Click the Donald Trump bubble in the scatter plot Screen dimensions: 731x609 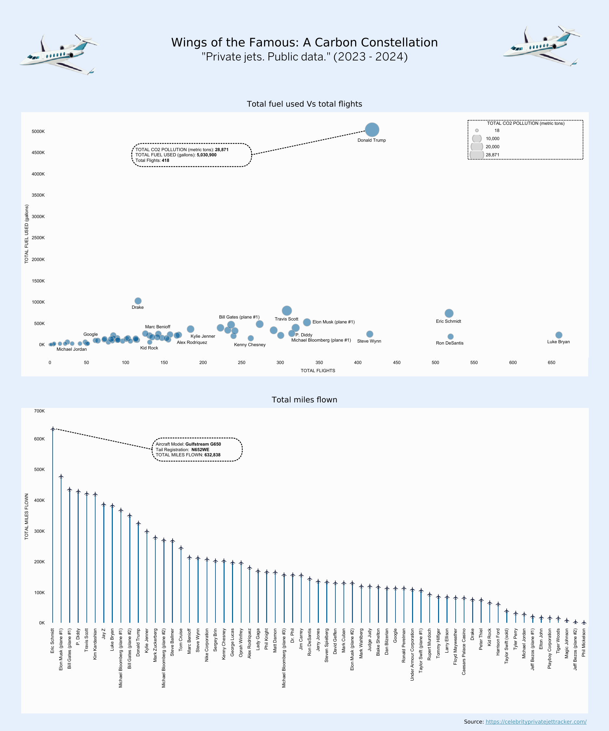coord(372,130)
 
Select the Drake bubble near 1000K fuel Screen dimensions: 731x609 coord(138,301)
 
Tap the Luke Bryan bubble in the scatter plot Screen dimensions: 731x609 coord(559,335)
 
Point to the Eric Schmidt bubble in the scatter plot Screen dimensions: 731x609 coord(449,313)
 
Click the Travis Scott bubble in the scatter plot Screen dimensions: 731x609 coord(287,310)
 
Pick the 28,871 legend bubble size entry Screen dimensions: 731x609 coord(477,155)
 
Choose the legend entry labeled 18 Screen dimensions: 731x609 coord(477,131)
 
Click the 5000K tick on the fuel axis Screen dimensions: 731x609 coord(38,132)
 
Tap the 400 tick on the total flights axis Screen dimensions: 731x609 coord(358,362)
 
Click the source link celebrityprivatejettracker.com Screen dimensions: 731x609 coord(536,722)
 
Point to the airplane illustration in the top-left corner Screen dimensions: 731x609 coord(59,54)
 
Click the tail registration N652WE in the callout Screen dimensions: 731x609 coord(200,450)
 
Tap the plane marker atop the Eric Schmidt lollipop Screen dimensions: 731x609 coord(53,429)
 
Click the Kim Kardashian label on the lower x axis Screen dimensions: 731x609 coord(95,644)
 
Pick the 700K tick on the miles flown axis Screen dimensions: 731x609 coord(39,411)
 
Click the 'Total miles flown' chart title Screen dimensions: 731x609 coord(304,399)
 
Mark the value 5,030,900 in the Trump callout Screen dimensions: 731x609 coord(206,155)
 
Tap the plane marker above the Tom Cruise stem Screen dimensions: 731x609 coord(181,548)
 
